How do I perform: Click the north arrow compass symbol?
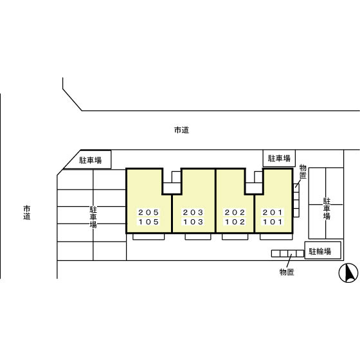tap(348, 273)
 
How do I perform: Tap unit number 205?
tap(148, 212)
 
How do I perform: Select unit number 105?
tap(148, 222)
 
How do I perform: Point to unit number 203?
tap(193, 212)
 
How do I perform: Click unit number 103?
tap(193, 222)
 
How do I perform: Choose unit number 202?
tap(235, 212)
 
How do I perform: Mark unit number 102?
tap(235, 222)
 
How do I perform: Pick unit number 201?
tap(273, 212)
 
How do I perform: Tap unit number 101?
tap(273, 222)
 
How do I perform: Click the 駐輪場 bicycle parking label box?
tap(323, 250)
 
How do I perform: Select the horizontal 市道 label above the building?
tap(181, 130)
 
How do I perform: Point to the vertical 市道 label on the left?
tap(27, 213)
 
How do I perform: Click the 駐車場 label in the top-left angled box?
tap(91, 160)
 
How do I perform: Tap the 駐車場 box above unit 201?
tap(279, 158)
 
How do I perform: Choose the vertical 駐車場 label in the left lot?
tap(93, 217)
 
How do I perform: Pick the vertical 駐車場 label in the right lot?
tap(327, 208)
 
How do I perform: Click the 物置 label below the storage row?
tap(287, 272)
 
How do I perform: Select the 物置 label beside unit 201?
tap(303, 171)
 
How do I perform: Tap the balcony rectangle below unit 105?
tap(148, 237)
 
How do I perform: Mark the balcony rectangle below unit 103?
tap(198, 237)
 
